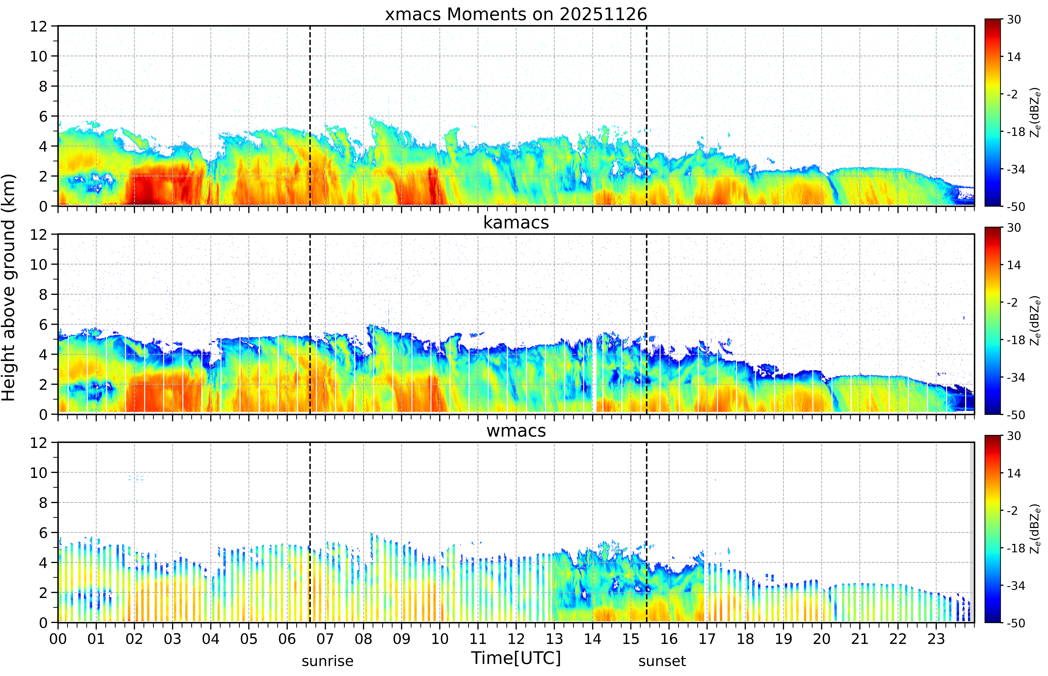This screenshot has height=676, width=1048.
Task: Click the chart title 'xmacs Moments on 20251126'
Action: point(516,14)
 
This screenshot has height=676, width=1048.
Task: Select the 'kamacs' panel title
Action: point(516,223)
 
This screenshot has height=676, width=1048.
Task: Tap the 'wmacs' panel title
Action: point(516,431)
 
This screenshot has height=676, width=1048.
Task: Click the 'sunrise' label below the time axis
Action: point(328,661)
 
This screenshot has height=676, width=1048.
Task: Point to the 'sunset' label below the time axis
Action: point(662,661)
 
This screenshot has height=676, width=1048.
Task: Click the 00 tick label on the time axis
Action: point(58,639)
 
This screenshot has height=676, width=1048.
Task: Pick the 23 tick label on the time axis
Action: point(936,639)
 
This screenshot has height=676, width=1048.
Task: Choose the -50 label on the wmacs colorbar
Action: point(1016,623)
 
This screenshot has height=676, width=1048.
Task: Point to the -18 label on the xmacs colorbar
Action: point(1016,132)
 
